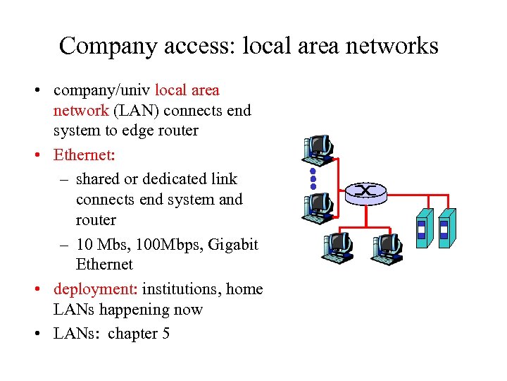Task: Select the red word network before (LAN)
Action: pyautogui.click(x=81, y=111)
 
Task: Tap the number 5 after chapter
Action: pyautogui.click(x=165, y=333)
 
